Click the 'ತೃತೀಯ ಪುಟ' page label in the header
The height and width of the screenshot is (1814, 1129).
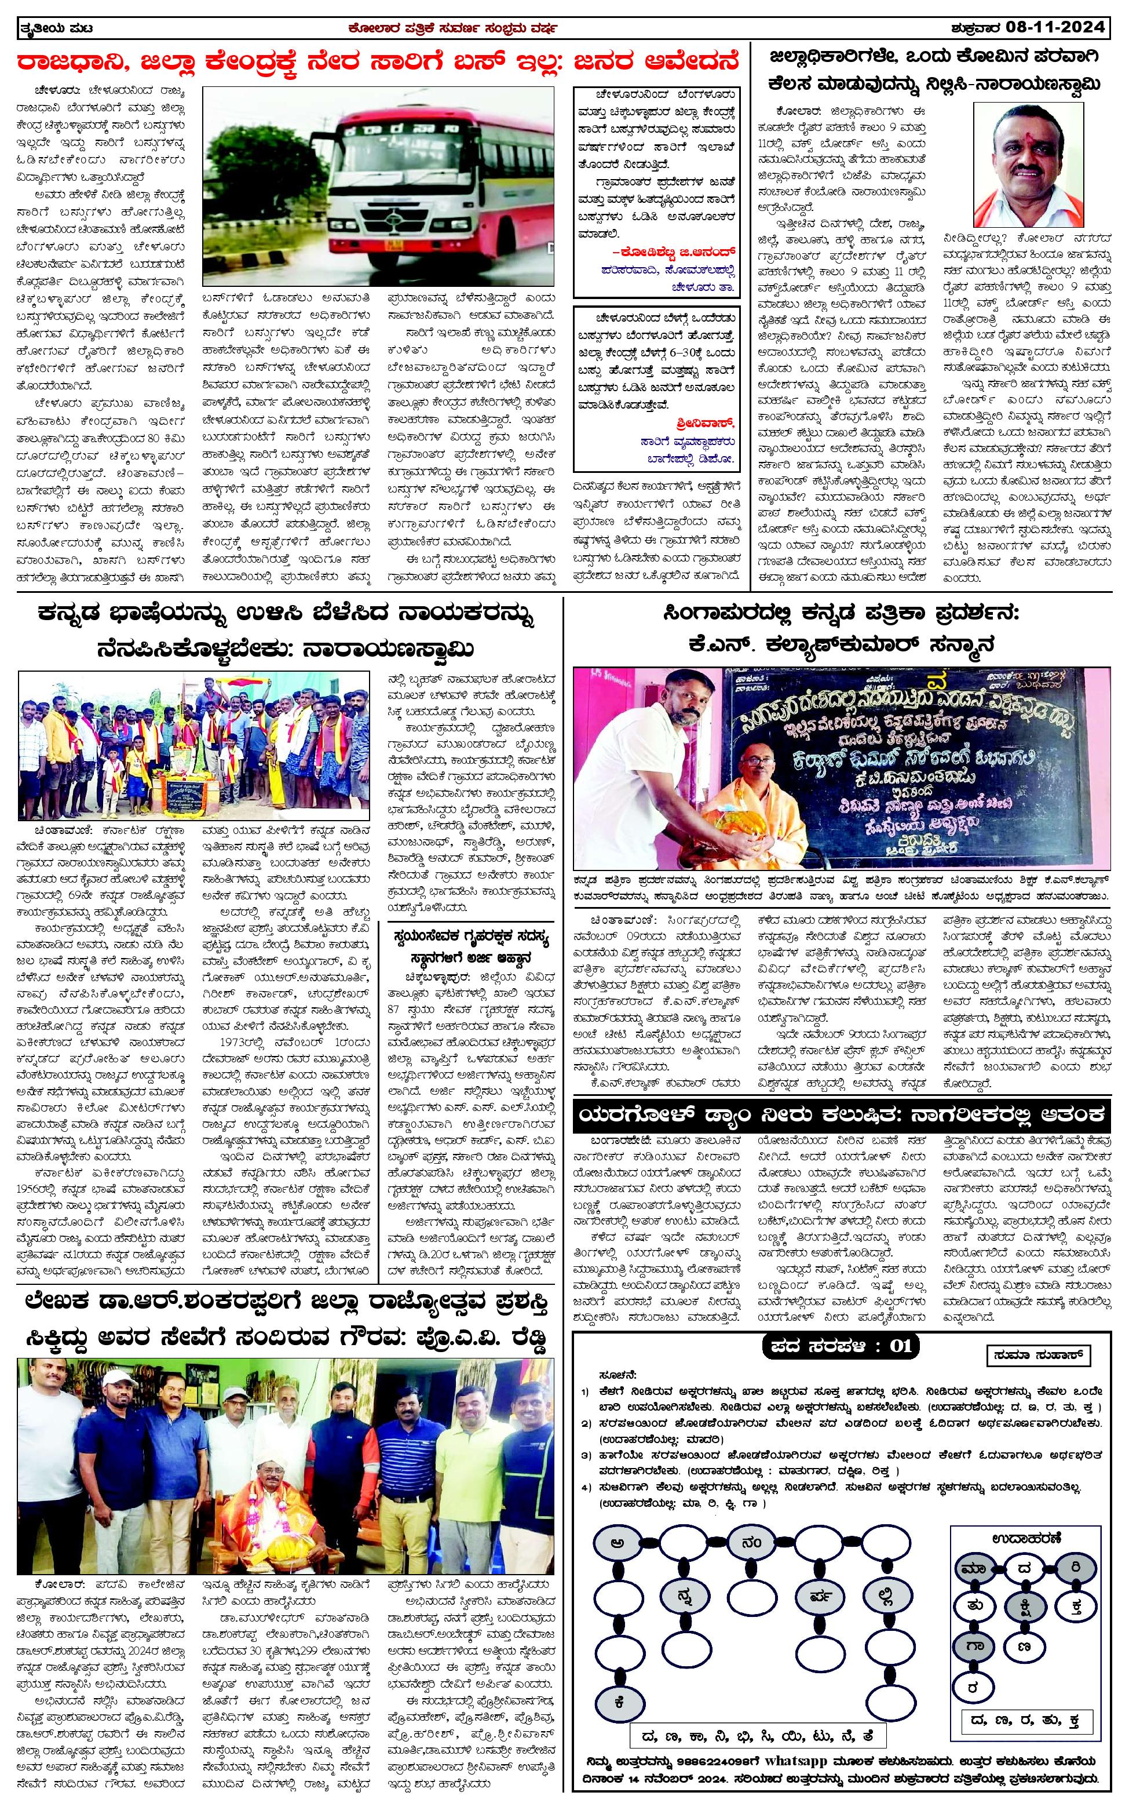52,28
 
